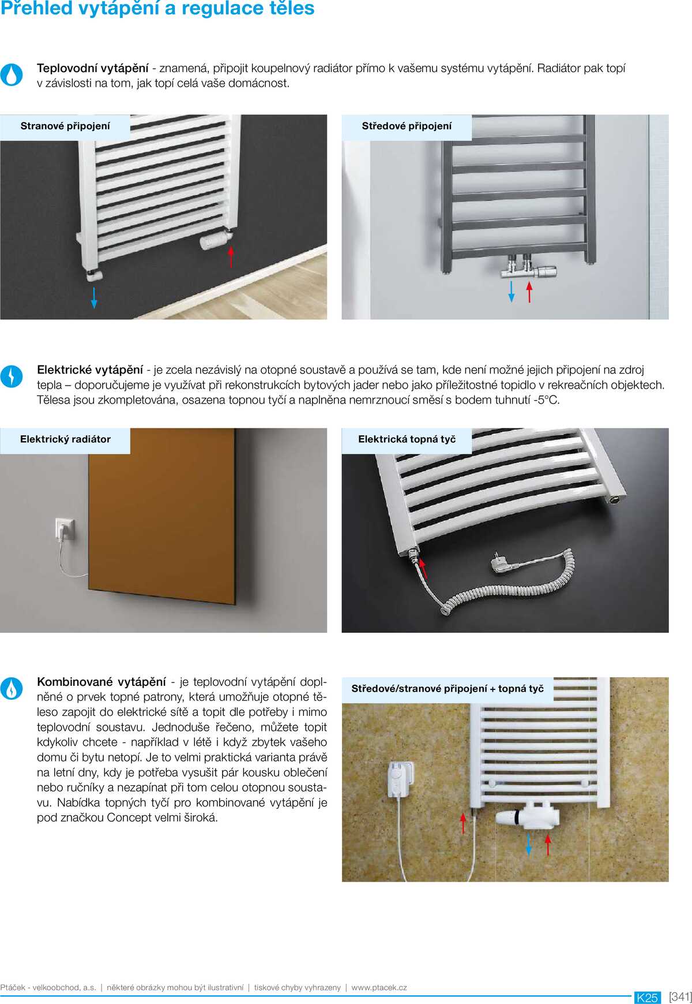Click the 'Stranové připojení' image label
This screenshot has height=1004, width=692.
pyautogui.click(x=65, y=126)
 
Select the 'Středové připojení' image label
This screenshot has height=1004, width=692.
pyautogui.click(x=407, y=126)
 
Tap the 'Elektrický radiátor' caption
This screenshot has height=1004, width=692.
pyautogui.click(x=65, y=439)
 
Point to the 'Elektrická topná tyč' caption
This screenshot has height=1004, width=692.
pyautogui.click(x=407, y=439)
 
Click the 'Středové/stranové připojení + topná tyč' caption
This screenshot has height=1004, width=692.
pyautogui.click(x=447, y=689)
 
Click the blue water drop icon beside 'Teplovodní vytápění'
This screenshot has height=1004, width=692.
pyautogui.click(x=12, y=74)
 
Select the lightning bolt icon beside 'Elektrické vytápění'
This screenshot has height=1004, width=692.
pyautogui.click(x=12, y=376)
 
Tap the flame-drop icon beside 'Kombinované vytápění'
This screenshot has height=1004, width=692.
pyautogui.click(x=12, y=688)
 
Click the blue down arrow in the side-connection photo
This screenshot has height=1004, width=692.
pyautogui.click(x=94, y=297)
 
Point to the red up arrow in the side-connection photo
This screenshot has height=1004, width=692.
pyautogui.click(x=231, y=257)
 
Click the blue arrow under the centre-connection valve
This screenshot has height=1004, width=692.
pyautogui.click(x=511, y=292)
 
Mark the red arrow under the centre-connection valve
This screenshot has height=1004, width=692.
pyautogui.click(x=529, y=292)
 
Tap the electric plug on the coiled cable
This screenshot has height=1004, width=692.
pyautogui.click(x=501, y=562)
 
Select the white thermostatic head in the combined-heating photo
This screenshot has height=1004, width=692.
pyautogui.click(x=510, y=818)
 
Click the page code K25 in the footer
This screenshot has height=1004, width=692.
pyautogui.click(x=647, y=998)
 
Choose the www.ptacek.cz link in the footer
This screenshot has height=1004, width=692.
pyautogui.click(x=379, y=988)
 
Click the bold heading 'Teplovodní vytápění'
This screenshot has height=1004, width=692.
pyautogui.click(x=93, y=68)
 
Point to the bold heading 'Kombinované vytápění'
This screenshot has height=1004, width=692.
pyautogui.click(x=101, y=682)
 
